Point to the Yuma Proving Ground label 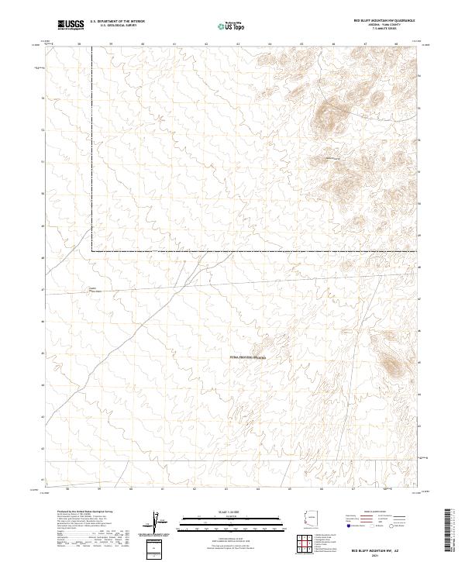pyautogui.click(x=247, y=357)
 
